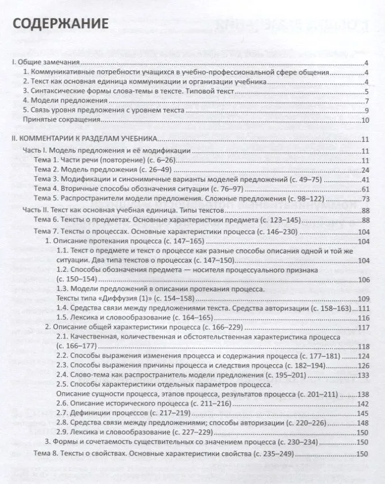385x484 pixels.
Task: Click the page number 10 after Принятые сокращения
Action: pyautogui.click(x=364, y=120)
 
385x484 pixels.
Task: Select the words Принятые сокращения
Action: pyautogui.click(x=60, y=120)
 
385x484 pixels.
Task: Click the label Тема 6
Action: pyautogui.click(x=46, y=220)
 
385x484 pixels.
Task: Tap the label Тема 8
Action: pyautogui.click(x=46, y=455)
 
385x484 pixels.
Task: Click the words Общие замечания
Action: pyautogui.click(x=48, y=63)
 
